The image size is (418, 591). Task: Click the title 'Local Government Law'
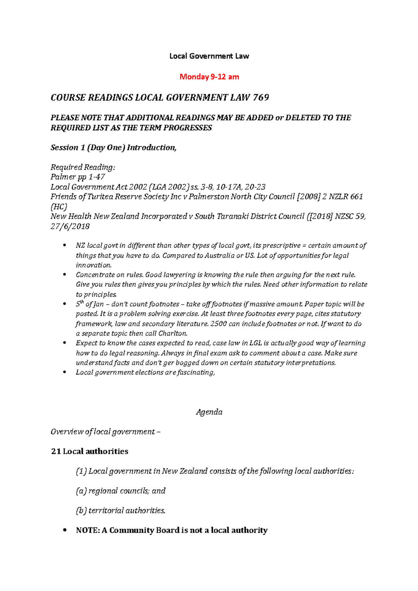[x=209, y=56]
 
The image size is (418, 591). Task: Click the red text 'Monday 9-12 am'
[x=209, y=77]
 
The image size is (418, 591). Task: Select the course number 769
[x=261, y=97]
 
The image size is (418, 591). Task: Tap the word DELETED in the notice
[x=302, y=118]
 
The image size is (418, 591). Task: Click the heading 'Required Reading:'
[x=83, y=167]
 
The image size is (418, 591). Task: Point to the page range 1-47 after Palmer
[x=97, y=177]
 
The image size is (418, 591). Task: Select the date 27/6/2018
[x=70, y=227]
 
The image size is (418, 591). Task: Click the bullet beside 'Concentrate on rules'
[x=64, y=275]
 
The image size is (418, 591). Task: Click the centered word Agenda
[x=209, y=412]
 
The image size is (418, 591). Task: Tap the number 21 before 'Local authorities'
[x=56, y=451]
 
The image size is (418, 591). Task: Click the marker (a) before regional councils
[x=81, y=491]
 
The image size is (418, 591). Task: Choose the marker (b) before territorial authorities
[x=81, y=511]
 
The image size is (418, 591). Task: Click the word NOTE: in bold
[x=88, y=530]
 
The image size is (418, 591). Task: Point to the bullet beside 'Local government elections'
[x=64, y=372]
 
